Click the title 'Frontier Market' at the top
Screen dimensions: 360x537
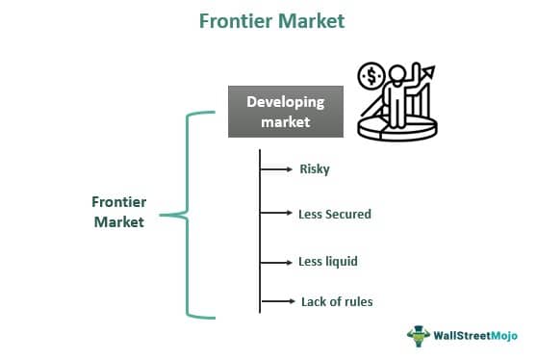[x=270, y=20]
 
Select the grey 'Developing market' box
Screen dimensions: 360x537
[x=285, y=112]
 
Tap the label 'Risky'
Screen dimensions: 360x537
[x=315, y=169]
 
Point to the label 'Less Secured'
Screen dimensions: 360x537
[x=334, y=214]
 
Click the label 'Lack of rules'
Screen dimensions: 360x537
[x=336, y=302]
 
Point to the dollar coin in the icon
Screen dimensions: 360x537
[x=371, y=76]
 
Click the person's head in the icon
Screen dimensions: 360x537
[x=396, y=77]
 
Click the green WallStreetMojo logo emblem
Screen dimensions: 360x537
[x=421, y=336]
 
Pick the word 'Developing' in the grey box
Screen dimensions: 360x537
[x=285, y=102]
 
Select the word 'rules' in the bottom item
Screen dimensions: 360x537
[x=355, y=302]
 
